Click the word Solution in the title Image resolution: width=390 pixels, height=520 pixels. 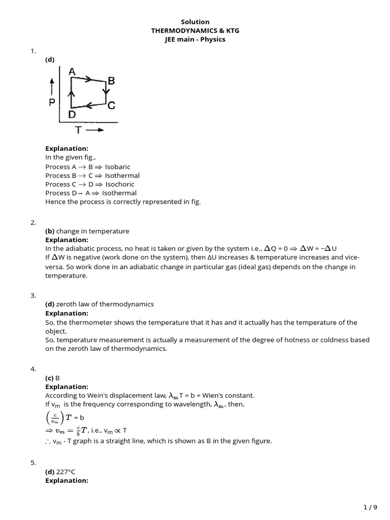pyautogui.click(x=195, y=22)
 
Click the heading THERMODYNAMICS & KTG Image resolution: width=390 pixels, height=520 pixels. pyautogui.click(x=195, y=30)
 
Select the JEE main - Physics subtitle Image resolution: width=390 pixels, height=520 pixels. pyautogui.click(x=195, y=39)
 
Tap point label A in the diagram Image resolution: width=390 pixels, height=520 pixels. pyautogui.click(x=72, y=72)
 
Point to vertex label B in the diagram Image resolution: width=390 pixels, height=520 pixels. pyautogui.click(x=111, y=81)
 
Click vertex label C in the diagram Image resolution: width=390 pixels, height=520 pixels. pyautogui.click(x=111, y=106)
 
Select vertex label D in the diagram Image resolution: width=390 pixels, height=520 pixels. pyautogui.click(x=72, y=115)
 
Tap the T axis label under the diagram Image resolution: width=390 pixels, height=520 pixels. pyautogui.click(x=79, y=130)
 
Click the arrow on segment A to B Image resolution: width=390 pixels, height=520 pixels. pyautogui.click(x=88, y=79)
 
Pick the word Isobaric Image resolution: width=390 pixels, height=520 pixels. pyautogui.click(x=118, y=167)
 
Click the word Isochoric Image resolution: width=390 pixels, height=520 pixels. pyautogui.click(x=120, y=184)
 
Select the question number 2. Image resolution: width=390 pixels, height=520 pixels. pyautogui.click(x=33, y=222)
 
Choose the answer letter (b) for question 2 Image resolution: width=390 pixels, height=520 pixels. pyautogui.click(x=50, y=231)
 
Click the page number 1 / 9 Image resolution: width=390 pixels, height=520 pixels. pyautogui.click(x=371, y=507)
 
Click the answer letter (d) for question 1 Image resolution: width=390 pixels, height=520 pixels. pyautogui.click(x=50, y=60)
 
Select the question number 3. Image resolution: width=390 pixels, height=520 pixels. pyautogui.click(x=33, y=296)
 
